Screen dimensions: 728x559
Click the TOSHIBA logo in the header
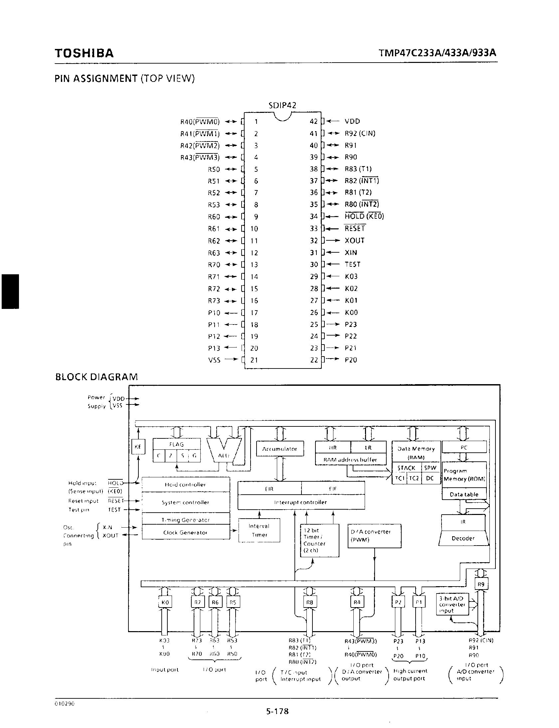84,53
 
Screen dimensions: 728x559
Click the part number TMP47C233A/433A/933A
437,53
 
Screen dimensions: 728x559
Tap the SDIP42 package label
282,106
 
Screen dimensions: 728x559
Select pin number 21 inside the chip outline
254,360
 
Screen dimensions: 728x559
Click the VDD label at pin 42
352,121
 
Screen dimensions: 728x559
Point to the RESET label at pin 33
355,229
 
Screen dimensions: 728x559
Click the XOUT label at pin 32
354,241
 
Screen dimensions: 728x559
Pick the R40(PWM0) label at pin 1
200,122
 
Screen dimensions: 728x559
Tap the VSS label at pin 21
214,360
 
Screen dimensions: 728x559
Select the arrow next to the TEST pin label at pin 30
333,264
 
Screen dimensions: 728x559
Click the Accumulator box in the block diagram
279,449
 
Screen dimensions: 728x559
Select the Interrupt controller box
301,502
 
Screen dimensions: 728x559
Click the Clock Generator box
185,533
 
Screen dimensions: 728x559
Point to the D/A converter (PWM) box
374,536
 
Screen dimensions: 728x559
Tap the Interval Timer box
259,530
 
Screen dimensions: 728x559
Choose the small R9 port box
481,584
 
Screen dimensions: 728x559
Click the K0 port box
165,602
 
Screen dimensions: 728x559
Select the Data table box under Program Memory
464,494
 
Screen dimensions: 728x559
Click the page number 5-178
277,711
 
